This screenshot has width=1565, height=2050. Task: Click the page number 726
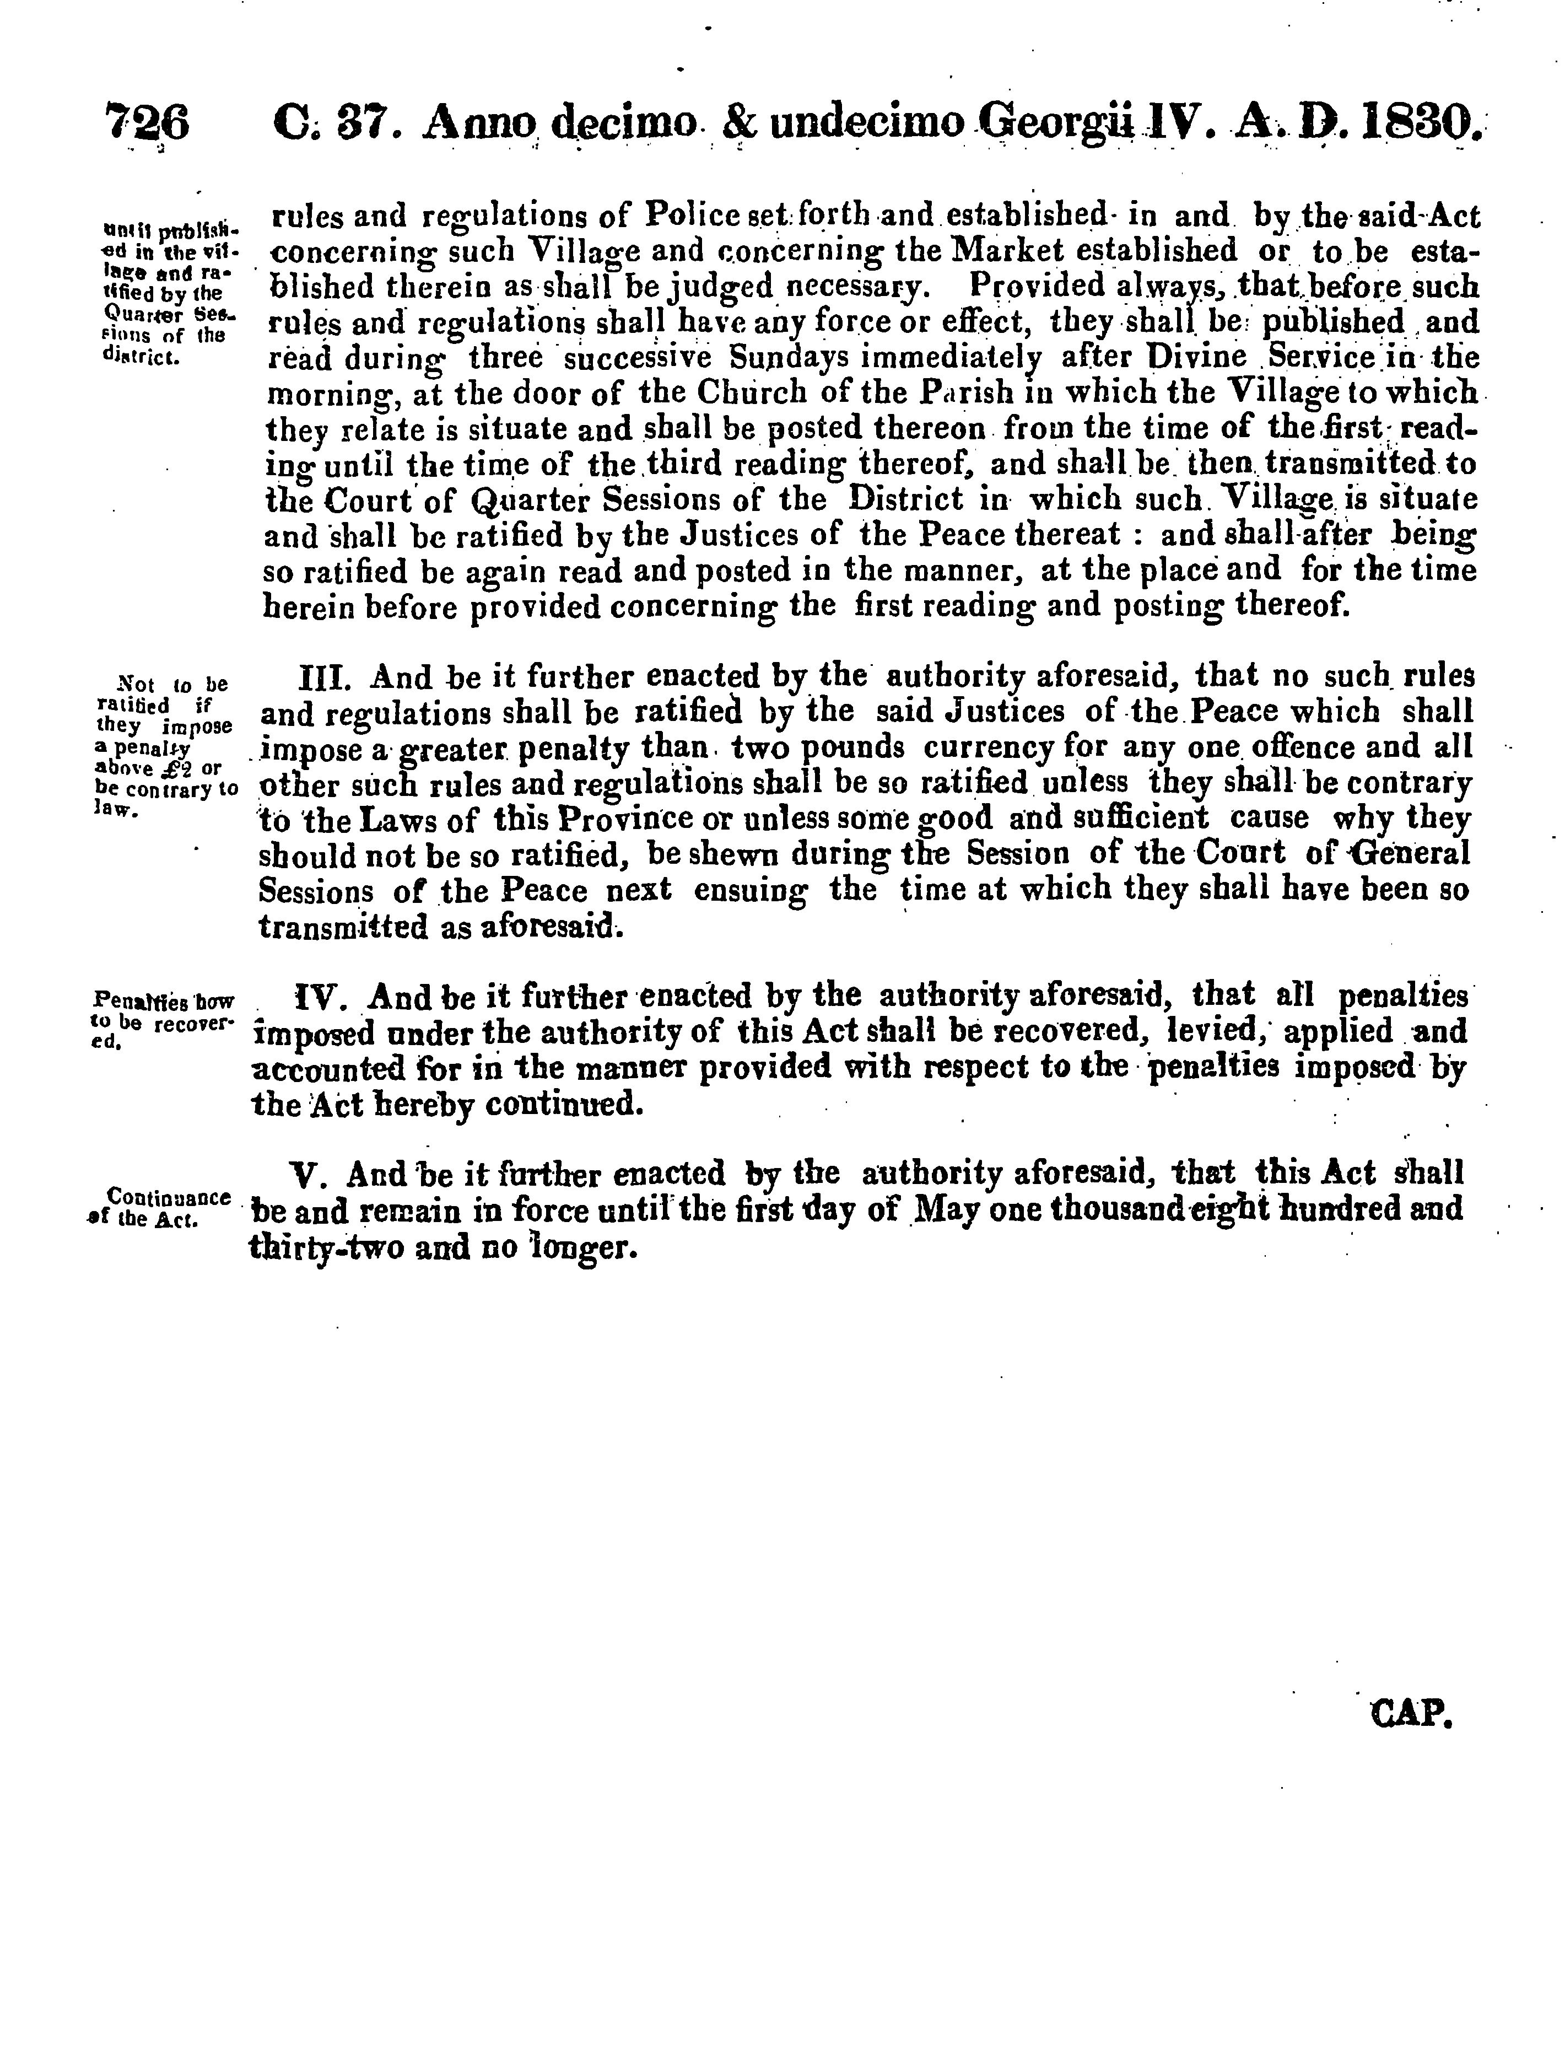(x=148, y=124)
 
